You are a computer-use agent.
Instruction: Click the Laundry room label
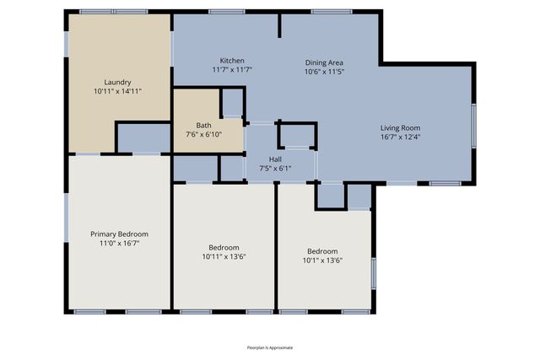click(117, 81)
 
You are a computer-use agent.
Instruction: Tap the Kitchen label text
click(232, 61)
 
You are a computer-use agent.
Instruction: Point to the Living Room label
click(400, 127)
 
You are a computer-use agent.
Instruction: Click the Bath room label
click(203, 125)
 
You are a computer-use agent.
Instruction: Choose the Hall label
click(275, 159)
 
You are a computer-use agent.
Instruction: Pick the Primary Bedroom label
click(119, 234)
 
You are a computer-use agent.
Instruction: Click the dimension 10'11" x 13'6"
click(224, 256)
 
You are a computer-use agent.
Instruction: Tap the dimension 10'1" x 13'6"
click(323, 260)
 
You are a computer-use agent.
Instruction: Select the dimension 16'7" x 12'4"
click(400, 137)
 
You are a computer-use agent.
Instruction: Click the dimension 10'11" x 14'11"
click(117, 90)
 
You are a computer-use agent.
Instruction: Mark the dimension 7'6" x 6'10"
click(203, 134)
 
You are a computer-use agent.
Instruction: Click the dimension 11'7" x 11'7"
click(232, 70)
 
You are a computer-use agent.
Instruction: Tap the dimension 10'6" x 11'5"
click(324, 72)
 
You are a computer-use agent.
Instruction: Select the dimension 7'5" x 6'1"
click(275, 169)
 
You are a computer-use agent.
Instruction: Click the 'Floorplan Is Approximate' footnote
click(270, 347)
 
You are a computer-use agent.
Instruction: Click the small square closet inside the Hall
click(297, 136)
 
